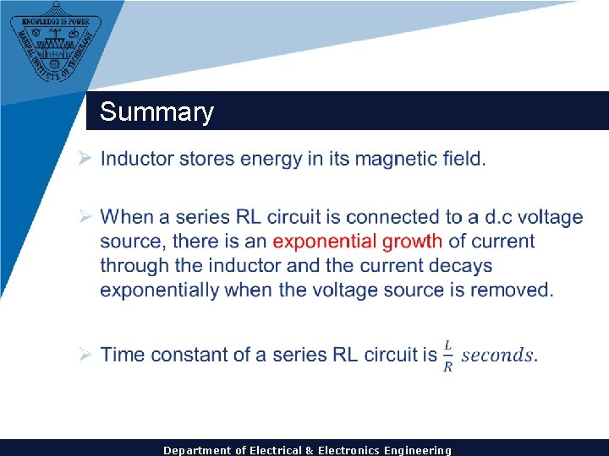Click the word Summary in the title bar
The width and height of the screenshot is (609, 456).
coord(156,112)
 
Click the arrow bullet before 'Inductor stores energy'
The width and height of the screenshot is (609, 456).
coord(85,159)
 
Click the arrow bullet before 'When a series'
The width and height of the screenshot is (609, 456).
coord(85,218)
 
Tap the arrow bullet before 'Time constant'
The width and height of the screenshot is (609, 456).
coord(85,355)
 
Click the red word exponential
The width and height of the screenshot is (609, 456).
coord(325,242)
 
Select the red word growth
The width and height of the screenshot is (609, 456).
coord(412,242)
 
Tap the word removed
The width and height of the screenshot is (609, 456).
coord(515,290)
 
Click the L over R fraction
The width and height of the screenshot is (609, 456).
coord(447,356)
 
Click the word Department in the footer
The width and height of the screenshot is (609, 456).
coord(195,450)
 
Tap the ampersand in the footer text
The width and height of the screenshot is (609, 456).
coord(310,450)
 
